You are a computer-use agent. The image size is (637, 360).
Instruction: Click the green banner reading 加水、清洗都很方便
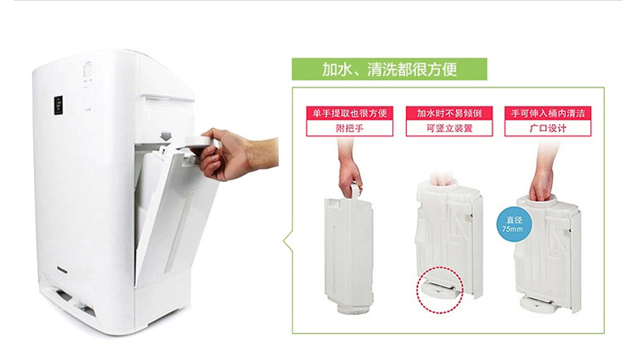389,69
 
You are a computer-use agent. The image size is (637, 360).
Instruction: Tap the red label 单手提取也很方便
349,113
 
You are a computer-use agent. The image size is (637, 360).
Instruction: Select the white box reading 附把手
349,128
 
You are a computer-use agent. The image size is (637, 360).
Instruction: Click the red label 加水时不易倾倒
449,113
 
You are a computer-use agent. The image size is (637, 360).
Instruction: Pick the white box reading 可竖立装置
449,128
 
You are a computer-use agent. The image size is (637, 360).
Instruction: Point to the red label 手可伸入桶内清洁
548,113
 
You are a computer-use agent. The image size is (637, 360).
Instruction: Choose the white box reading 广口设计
548,128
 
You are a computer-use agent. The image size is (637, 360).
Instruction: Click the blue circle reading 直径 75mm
514,225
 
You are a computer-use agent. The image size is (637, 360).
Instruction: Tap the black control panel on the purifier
59,104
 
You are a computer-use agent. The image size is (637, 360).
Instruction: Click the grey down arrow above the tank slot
165,136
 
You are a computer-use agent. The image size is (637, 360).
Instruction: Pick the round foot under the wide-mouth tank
537,304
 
